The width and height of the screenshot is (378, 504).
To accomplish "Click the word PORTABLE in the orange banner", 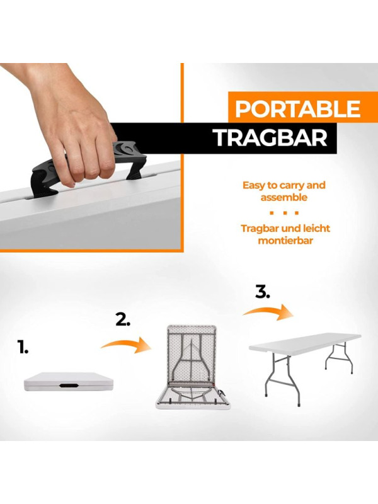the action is pos(297,109).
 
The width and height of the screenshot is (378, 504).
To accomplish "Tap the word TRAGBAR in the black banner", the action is pos(271,138).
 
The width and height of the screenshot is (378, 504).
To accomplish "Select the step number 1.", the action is pos(23,348).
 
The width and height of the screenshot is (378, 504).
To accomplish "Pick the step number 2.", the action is pos(123,320).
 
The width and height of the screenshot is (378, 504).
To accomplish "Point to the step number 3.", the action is pos(263,292).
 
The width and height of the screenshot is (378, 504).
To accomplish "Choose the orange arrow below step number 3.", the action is pos(268,312).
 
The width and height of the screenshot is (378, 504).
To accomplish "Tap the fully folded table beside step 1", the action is pos(69,382).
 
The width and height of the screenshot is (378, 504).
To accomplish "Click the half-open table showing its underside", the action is pos(193,367).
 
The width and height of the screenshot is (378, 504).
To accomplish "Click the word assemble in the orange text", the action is pos(284,197).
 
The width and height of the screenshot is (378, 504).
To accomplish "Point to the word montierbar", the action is pos(285,241).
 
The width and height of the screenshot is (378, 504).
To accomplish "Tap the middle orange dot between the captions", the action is pos(284,213).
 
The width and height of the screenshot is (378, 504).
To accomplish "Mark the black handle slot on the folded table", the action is pos(69,385).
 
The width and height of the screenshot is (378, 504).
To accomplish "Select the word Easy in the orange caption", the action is pos(253,185).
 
